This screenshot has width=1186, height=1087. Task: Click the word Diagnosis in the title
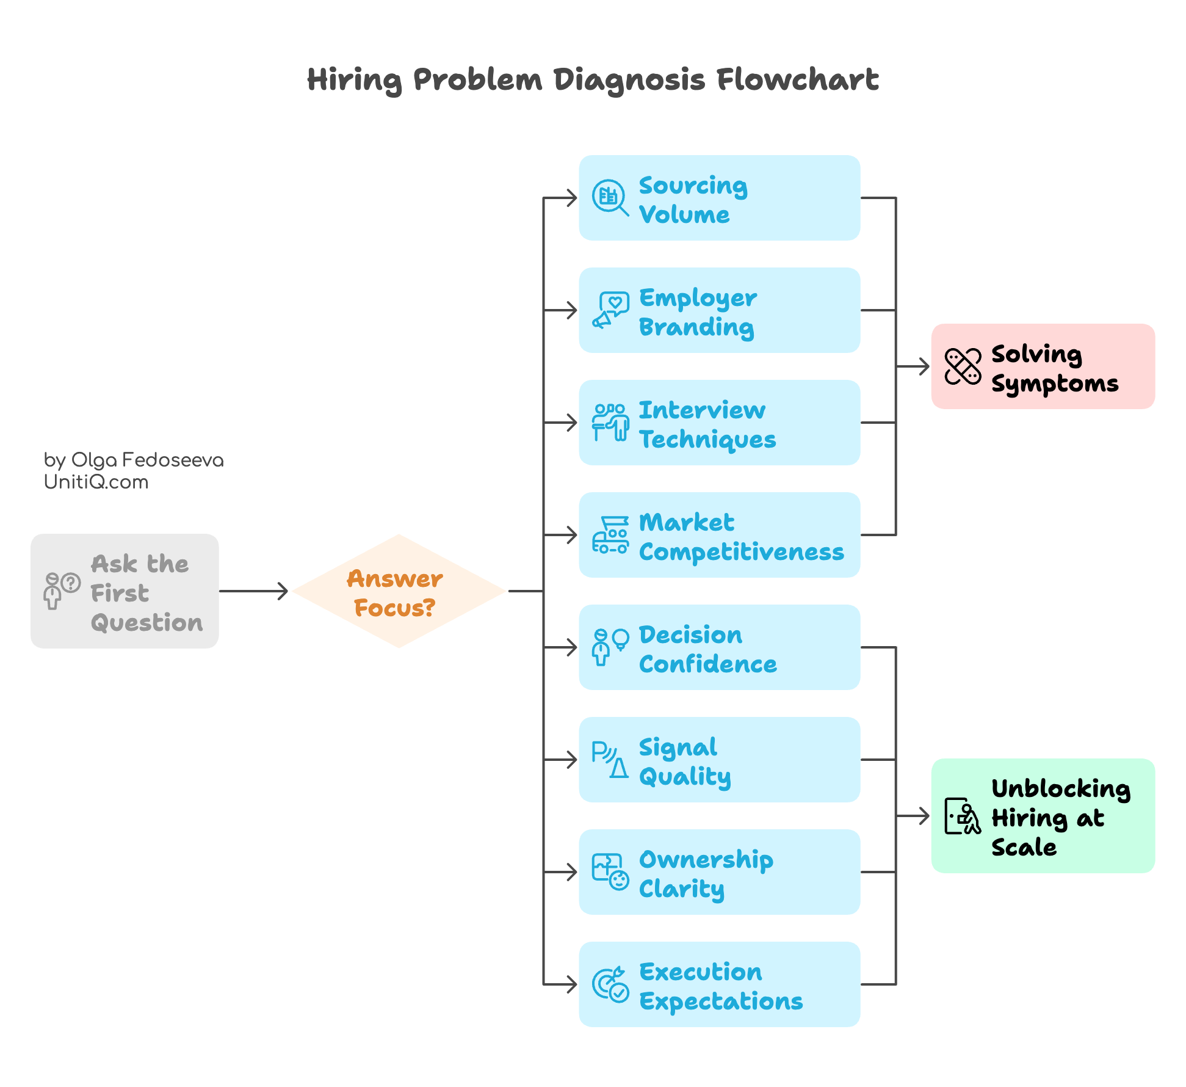point(629,80)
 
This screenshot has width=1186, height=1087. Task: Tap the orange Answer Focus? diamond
point(399,591)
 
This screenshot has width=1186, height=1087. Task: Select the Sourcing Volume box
point(719,198)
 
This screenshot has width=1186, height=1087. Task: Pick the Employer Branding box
point(719,310)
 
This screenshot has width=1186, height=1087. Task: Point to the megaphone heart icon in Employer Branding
point(610,310)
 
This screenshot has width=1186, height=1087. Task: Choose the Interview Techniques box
point(719,423)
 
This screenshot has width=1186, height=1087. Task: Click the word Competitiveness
point(741,551)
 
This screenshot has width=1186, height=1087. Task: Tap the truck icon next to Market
point(610,535)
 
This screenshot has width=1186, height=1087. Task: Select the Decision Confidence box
point(719,647)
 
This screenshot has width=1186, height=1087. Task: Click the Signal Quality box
point(719,760)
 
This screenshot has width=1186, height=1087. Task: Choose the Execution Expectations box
point(719,984)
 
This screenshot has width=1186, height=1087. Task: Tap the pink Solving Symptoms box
point(1043,366)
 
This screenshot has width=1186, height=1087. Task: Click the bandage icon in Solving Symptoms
point(963,366)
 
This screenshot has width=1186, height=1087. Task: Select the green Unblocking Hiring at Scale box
point(1043,816)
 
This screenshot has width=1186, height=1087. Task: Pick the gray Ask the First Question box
point(125,591)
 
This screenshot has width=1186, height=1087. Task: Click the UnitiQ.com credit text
point(96,482)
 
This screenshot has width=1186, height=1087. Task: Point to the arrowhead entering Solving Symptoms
point(924,367)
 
